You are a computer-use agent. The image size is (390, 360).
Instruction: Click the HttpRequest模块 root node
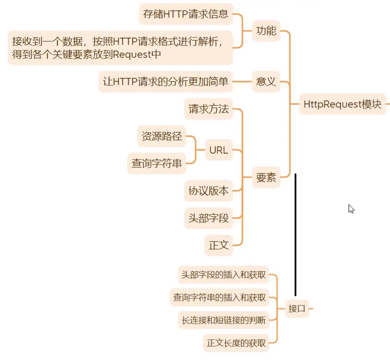click(342, 104)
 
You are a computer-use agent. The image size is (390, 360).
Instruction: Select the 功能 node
click(266, 31)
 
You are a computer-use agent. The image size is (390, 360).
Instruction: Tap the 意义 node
click(266, 82)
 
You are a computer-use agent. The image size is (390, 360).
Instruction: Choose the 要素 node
click(266, 177)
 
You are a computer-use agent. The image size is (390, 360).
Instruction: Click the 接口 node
click(297, 309)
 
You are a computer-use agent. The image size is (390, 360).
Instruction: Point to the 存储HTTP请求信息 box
click(186, 14)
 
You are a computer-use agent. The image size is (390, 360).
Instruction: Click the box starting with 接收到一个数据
click(120, 48)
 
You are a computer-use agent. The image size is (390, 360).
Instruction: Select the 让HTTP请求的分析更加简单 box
click(165, 82)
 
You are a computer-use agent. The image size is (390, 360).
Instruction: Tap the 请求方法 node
click(208, 109)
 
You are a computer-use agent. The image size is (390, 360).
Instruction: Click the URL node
click(218, 150)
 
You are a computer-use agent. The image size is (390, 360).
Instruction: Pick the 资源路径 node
click(161, 137)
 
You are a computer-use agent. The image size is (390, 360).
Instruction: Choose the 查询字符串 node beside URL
click(156, 163)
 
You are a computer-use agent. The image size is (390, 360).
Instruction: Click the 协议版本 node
click(208, 191)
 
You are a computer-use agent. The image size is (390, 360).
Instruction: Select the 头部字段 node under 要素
click(208, 218)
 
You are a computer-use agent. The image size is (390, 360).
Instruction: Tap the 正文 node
click(218, 245)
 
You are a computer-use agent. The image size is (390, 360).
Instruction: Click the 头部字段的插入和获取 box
click(223, 275)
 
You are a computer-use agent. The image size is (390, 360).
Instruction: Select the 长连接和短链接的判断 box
click(223, 320)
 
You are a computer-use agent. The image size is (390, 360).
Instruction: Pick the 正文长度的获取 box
click(236, 343)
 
